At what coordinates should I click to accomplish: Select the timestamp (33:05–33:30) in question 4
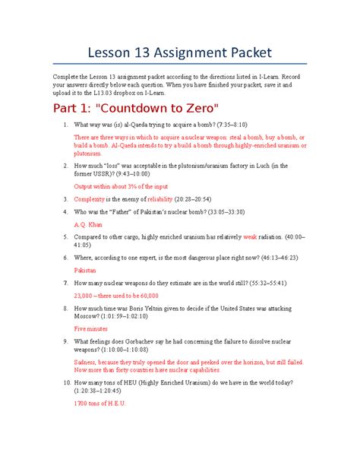tap(219, 211)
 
